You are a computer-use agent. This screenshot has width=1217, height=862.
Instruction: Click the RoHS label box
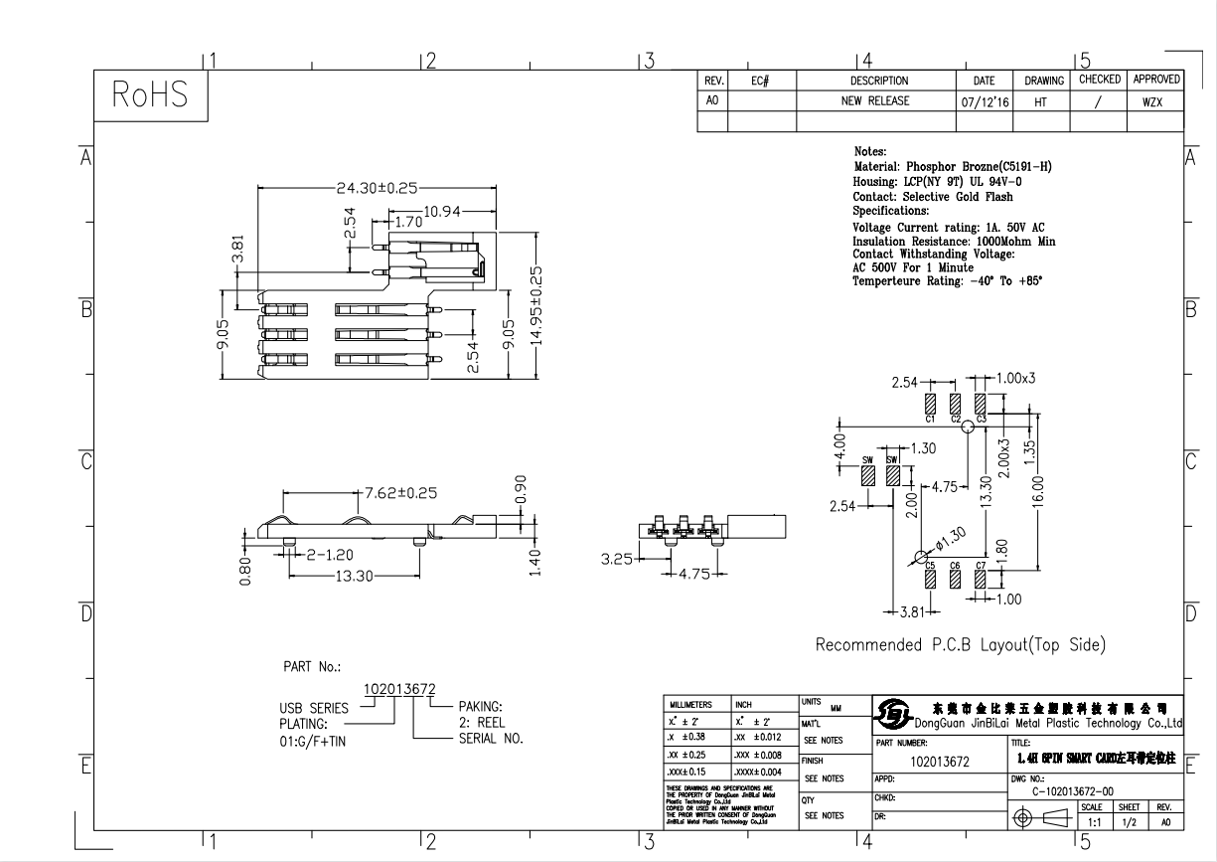click(x=150, y=96)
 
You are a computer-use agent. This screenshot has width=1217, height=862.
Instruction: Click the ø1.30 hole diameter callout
click(x=950, y=538)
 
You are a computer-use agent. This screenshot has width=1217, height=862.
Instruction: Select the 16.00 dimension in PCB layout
click(x=1038, y=489)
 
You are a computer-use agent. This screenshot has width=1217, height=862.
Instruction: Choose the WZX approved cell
click(x=1153, y=101)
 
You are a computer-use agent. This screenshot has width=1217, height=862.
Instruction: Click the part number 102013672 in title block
click(x=940, y=762)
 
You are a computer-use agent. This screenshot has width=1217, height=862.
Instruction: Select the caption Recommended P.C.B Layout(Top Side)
click(x=960, y=645)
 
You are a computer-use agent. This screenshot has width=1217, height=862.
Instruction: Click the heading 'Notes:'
click(x=870, y=152)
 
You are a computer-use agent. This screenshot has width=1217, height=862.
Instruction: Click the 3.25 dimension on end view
click(x=619, y=559)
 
